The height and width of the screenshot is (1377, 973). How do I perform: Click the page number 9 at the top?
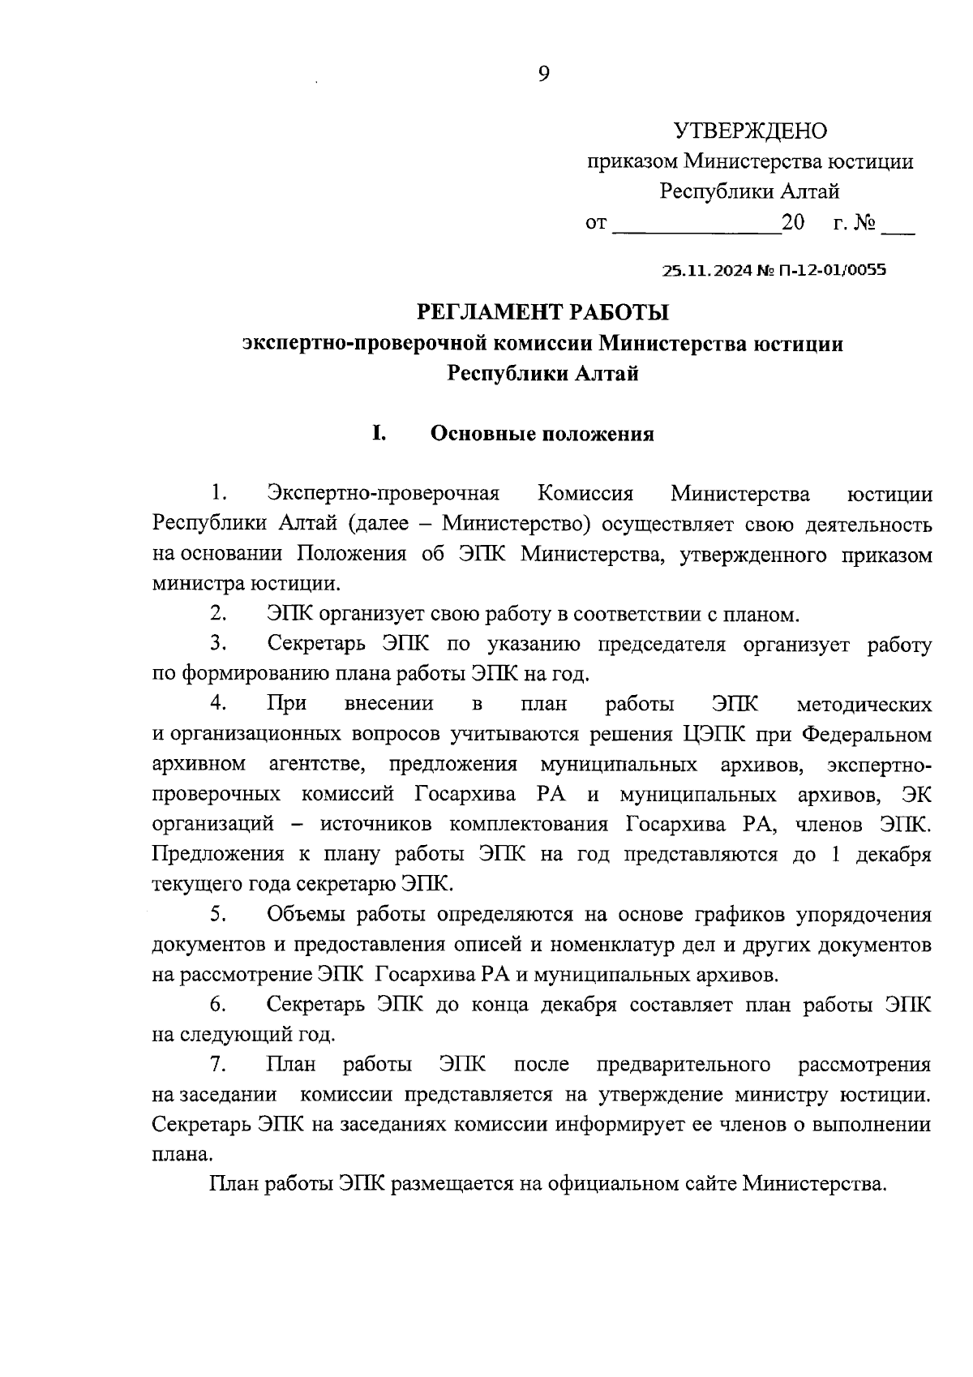543,75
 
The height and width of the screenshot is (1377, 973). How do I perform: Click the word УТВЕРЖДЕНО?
750,131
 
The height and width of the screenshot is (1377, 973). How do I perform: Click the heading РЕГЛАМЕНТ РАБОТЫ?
542,312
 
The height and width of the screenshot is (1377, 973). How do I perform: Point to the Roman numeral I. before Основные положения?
378,434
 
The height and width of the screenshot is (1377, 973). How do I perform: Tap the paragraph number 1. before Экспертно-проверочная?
217,494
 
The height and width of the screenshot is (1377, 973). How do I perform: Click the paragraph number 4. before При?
217,704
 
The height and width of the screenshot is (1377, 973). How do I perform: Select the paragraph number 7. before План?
217,1064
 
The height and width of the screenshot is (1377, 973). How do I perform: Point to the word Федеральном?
866,735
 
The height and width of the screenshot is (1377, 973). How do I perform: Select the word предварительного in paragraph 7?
683,1064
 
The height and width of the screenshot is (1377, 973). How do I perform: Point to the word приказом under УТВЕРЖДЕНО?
632,161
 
